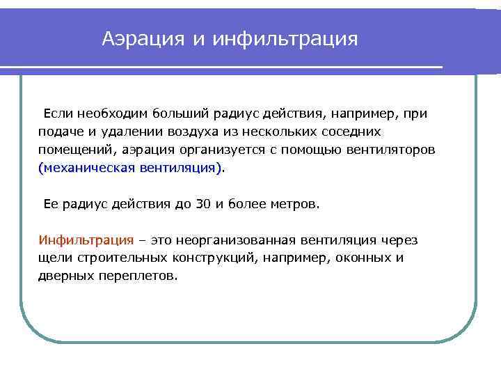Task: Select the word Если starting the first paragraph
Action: [59, 112]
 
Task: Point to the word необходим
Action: [111, 112]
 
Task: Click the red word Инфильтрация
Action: [86, 240]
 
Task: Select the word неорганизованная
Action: [236, 240]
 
